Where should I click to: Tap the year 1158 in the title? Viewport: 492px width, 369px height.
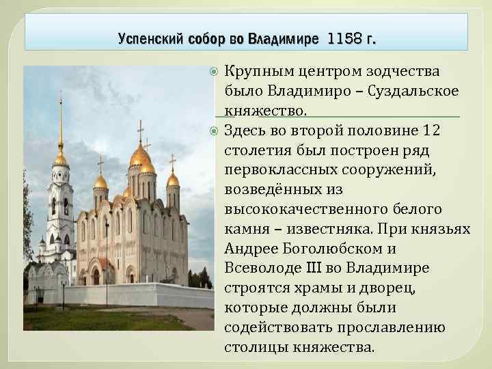pos(344,39)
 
